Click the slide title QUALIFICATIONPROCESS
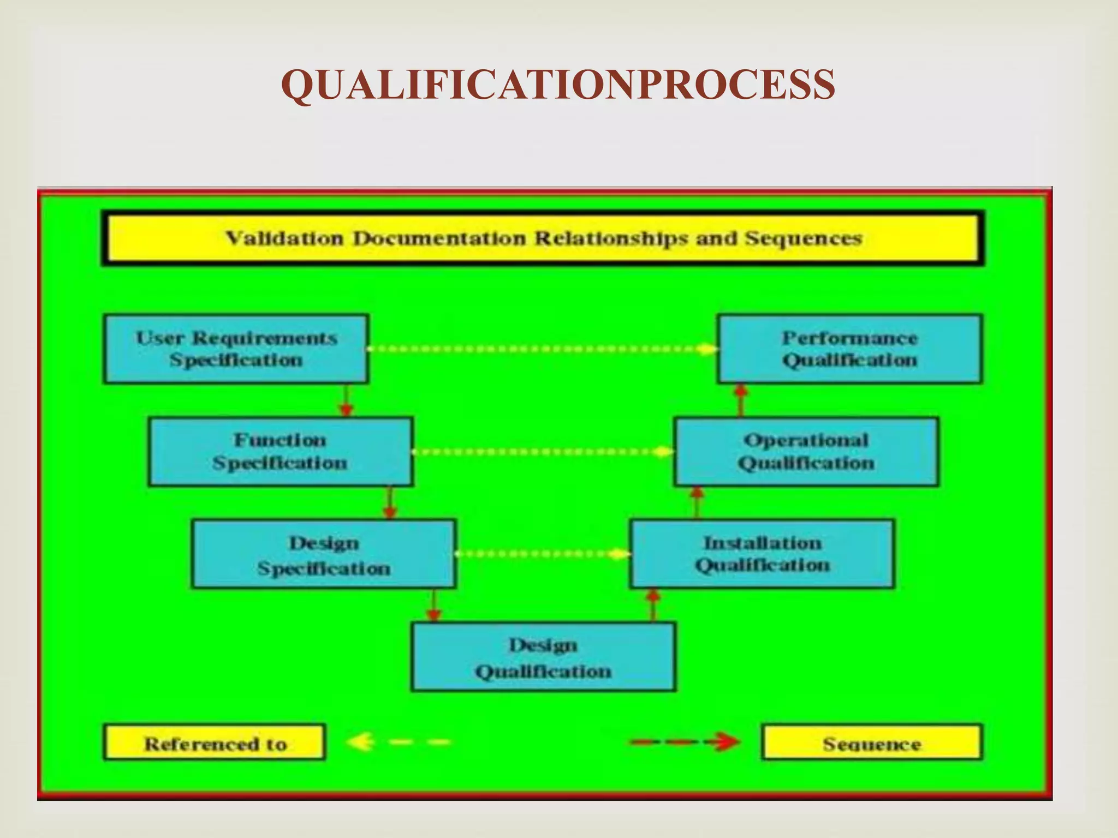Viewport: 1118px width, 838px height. pos(558,85)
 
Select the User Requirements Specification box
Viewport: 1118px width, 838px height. pos(236,349)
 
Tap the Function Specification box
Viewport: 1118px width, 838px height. pos(281,451)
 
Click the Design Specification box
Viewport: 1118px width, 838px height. pos(324,554)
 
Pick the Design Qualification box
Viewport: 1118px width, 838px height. pos(543,657)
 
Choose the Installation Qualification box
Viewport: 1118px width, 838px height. pos(762,554)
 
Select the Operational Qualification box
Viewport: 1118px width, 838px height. pos(806,451)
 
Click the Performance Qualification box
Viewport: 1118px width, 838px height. pos(849,349)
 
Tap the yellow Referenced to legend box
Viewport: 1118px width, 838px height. pos(215,743)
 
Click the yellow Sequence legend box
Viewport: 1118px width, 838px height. pos(871,743)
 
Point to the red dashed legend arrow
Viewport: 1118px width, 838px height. pos(685,742)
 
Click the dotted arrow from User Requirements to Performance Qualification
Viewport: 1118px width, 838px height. pos(543,349)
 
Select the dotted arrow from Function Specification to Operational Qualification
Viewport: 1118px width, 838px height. pos(543,452)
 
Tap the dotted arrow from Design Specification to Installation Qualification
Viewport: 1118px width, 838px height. pos(543,554)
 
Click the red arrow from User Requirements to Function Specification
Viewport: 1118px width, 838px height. pos(346,400)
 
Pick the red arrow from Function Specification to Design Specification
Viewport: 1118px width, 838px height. pos(389,502)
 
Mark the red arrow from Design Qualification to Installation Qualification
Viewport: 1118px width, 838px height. pos(653,605)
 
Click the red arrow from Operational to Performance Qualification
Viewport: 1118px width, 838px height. pos(741,400)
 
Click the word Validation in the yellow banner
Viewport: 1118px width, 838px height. pos(285,238)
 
